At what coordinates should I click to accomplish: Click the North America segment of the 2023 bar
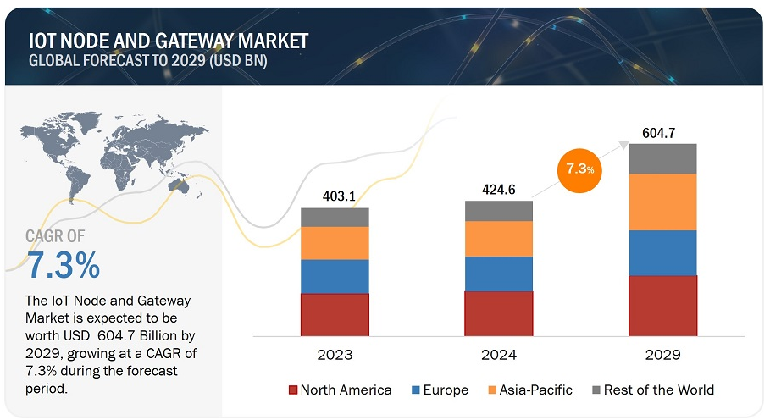pos(335,313)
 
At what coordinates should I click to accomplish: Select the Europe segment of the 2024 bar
pos(498,274)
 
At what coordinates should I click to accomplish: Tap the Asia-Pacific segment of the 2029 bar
pos(662,202)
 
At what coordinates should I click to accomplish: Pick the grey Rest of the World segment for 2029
pos(662,158)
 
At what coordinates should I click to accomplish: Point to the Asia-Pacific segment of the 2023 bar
pos(335,243)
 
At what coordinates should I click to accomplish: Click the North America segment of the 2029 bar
pos(662,305)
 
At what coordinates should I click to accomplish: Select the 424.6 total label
pos(498,188)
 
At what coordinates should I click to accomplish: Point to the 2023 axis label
pos(335,355)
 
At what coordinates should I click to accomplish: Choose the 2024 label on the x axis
pos(498,355)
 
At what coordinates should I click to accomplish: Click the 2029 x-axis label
pos(662,355)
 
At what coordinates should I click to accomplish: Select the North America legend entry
pos(341,390)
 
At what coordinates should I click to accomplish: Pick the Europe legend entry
pos(438,390)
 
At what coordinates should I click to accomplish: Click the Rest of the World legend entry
pos(652,390)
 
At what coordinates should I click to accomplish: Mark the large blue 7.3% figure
pos(64,266)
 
